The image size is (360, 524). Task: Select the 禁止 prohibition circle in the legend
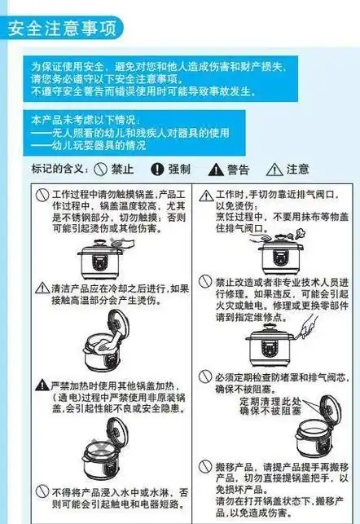pos(100,170)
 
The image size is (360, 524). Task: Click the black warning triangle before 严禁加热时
pos(42,383)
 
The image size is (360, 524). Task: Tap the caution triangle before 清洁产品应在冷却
pos(42,288)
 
